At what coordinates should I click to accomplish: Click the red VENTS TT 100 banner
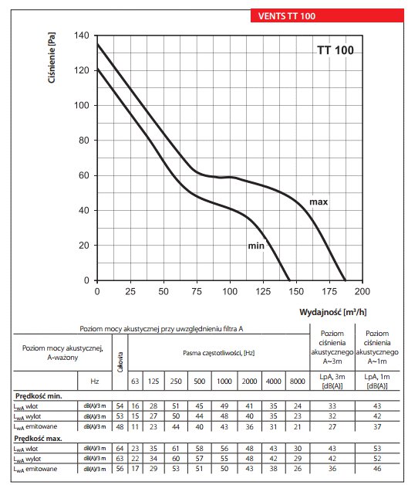click(327, 15)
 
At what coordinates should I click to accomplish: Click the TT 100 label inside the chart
click(336, 50)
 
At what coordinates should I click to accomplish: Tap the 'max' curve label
click(319, 202)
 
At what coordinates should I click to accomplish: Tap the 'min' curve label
click(256, 246)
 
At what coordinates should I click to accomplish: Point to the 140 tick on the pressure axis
click(82, 36)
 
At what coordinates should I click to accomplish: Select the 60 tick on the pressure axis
click(84, 175)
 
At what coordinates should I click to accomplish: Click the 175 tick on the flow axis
click(329, 291)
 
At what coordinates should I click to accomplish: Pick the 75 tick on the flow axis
click(197, 291)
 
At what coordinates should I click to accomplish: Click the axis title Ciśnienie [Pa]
click(52, 57)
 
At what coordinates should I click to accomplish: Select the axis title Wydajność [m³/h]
click(333, 312)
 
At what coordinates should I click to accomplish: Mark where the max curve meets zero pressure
click(345, 280)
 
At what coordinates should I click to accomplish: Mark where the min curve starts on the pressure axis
click(97, 69)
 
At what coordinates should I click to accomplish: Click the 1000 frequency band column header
click(224, 381)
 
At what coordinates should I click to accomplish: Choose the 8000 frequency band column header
click(297, 381)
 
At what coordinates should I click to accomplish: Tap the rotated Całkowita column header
click(120, 361)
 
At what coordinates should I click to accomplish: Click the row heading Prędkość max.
click(39, 439)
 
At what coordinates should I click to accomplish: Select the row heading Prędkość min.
click(39, 396)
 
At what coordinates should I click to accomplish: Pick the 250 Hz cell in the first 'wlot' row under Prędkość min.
click(176, 405)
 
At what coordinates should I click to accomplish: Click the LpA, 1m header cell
click(377, 381)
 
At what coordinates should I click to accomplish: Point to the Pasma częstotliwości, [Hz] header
click(219, 353)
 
